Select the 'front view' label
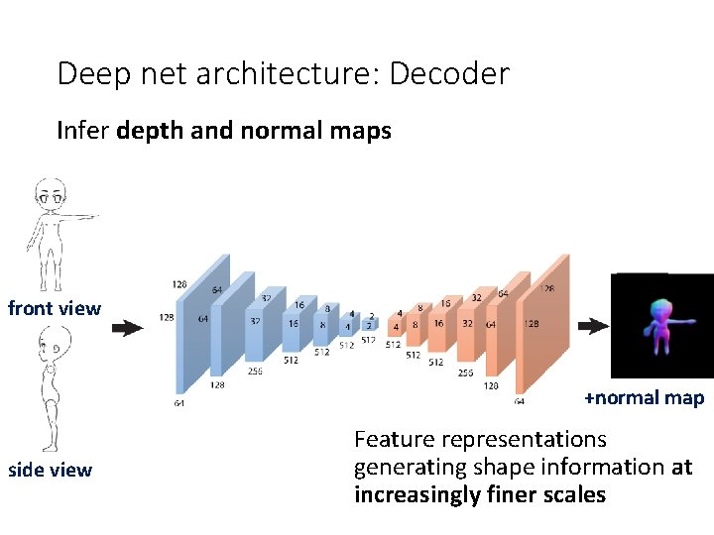55,308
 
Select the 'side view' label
50,470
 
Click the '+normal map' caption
644,398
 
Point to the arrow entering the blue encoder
127,328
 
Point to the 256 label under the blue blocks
256,372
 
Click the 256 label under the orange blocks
464,374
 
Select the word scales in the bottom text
573,494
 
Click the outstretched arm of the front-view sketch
81,215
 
